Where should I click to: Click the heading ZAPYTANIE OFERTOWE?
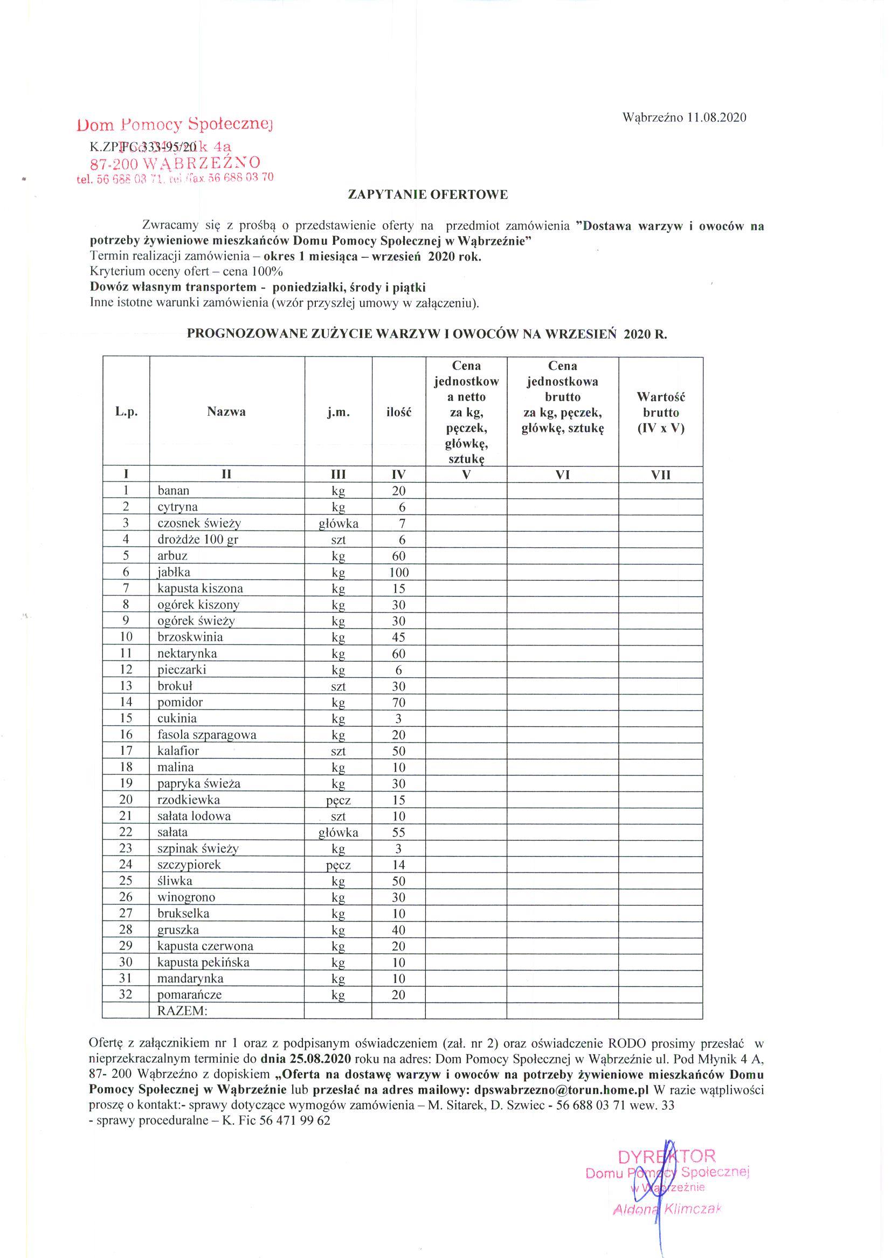pos(428,194)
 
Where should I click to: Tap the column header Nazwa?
pos(226,411)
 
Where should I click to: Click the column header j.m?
pos(338,412)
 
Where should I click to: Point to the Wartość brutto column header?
pos(661,412)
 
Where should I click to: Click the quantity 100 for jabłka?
pos(398,573)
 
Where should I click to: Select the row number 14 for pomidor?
pos(126,702)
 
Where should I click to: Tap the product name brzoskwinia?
pos(190,637)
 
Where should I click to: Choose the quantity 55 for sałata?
pos(398,832)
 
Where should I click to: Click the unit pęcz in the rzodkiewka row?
pos(338,800)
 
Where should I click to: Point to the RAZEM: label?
pos(182,1010)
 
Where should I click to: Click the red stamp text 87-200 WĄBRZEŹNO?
pos(175,162)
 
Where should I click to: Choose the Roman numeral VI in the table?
pos(562,475)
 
